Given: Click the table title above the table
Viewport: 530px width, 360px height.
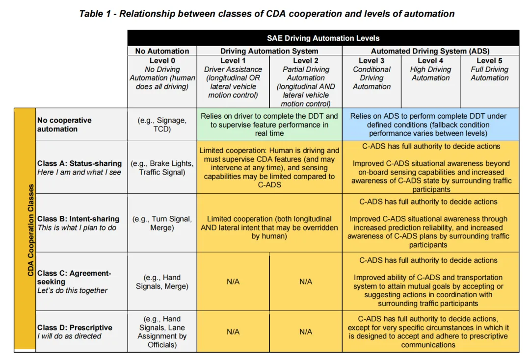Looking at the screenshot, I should [266, 13].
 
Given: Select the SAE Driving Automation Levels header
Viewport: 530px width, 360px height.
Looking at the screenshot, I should [323, 38].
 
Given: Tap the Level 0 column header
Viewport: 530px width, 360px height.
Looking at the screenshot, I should [162, 74].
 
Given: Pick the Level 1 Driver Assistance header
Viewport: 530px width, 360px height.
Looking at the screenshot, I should [233, 78].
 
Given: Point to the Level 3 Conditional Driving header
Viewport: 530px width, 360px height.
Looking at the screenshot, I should [371, 74].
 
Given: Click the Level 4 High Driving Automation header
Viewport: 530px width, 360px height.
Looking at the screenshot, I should [430, 69].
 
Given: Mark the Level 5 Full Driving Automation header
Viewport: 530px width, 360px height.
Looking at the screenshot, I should [489, 69].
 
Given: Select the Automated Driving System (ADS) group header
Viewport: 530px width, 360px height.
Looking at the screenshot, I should [430, 51].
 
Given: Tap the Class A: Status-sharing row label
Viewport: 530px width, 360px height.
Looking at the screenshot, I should [79, 168].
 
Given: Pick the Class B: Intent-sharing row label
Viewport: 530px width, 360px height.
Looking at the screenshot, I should [78, 223].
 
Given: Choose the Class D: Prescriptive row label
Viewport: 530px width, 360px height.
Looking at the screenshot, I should [75, 332].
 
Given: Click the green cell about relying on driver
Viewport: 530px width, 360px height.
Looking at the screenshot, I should [269, 125].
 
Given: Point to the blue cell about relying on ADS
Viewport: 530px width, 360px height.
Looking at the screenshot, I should [430, 125].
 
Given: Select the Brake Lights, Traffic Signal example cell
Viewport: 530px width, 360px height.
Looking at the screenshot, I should [162, 168].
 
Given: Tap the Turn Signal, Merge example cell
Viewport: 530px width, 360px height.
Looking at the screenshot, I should [162, 223].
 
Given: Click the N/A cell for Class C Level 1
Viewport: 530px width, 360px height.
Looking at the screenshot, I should [233, 282].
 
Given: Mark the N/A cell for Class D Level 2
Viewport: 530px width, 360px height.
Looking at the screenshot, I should [306, 332].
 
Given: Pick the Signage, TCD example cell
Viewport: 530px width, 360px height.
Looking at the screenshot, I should [162, 125].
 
